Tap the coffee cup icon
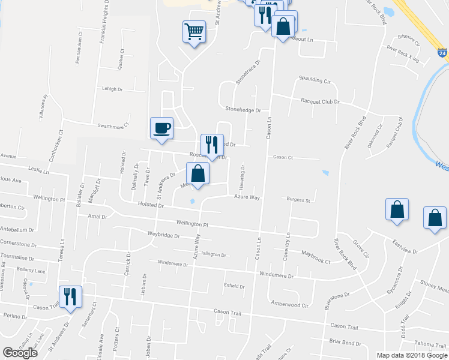coord(161,128)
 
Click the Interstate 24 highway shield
coord(442,53)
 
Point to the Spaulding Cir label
coord(315,80)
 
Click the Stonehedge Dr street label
coord(243,110)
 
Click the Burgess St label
coord(298,200)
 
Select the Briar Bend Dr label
coord(345,343)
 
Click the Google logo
coord(20,352)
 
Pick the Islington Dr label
coord(214,254)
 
